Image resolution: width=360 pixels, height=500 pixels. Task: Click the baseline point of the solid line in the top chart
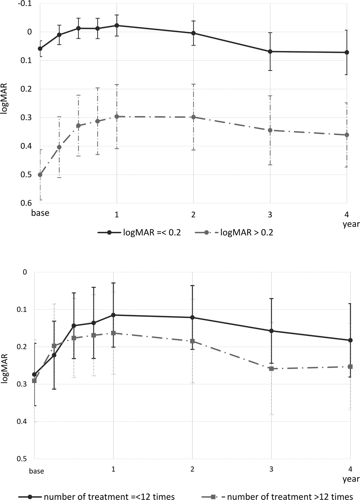[x=40, y=49]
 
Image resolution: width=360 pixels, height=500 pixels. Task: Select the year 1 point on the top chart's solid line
[x=117, y=25]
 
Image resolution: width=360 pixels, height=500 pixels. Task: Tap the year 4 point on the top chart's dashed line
[x=347, y=135]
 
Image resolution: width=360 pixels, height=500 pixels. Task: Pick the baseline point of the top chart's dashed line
[x=40, y=175]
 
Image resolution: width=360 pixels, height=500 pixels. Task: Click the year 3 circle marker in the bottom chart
[x=271, y=331]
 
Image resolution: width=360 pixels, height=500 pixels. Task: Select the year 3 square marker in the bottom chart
[x=271, y=369]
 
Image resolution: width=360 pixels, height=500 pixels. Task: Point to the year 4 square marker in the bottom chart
[x=350, y=366]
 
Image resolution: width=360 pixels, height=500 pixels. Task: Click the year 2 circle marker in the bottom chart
[x=192, y=317]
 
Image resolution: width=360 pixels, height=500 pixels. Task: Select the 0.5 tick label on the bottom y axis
[x=23, y=459]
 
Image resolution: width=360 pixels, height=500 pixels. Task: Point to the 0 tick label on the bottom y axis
[x=25, y=272]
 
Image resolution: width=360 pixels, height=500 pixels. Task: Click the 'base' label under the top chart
[x=40, y=213]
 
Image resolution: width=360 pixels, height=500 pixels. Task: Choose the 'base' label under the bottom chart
[x=36, y=471]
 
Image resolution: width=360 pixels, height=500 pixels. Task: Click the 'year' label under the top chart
[x=351, y=224]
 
